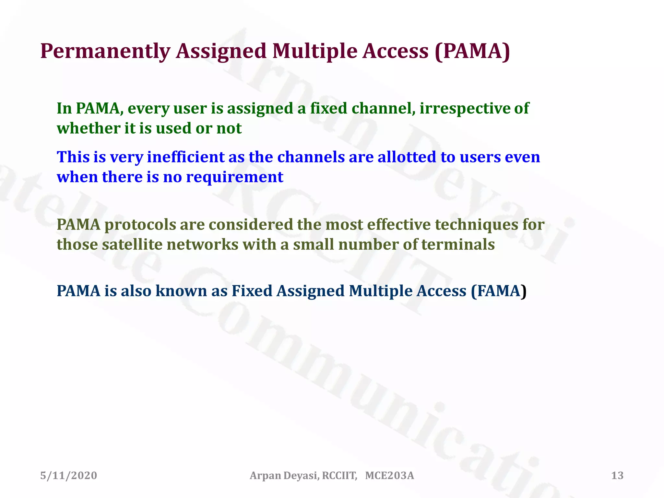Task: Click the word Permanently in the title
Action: tap(105, 51)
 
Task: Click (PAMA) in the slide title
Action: tap(472, 51)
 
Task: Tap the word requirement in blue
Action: tap(234, 177)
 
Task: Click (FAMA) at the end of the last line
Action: tap(498, 291)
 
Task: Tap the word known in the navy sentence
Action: tap(181, 291)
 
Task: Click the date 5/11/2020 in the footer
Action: tap(69, 476)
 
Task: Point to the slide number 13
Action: tap(617, 476)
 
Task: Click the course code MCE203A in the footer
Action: tap(389, 476)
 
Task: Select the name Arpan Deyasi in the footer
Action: tap(284, 476)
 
